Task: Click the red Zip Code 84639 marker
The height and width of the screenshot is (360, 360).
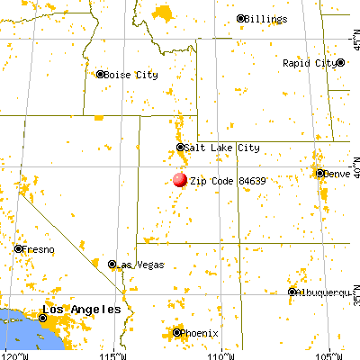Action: click(x=180, y=180)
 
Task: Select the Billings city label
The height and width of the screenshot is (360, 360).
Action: click(x=268, y=19)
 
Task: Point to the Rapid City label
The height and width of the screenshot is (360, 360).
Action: click(x=310, y=64)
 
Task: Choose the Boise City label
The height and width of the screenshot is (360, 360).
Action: click(x=130, y=75)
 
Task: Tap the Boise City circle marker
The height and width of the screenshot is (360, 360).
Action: click(x=101, y=75)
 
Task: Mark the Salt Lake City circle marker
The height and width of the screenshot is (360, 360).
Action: click(x=181, y=148)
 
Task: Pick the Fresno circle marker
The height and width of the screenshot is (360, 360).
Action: click(x=18, y=248)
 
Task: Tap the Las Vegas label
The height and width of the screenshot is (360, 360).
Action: click(x=138, y=265)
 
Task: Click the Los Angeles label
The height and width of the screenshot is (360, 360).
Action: click(x=83, y=310)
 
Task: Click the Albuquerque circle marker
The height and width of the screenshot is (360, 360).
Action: click(x=292, y=292)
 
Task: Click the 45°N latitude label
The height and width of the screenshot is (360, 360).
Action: click(x=353, y=40)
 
